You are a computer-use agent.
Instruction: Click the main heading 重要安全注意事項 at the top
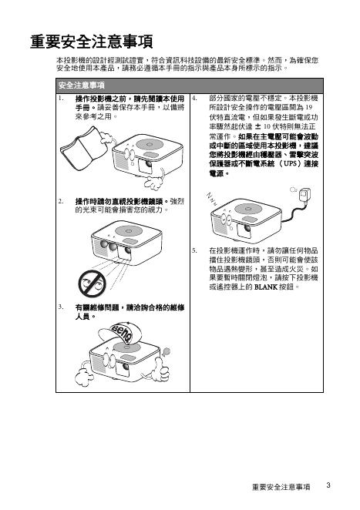point(92,42)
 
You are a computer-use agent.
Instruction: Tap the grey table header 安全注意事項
point(82,86)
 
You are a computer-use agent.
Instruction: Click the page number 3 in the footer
point(328,485)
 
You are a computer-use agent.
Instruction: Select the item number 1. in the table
point(61,99)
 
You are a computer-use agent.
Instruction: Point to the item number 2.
point(61,201)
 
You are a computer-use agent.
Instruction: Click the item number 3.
point(61,307)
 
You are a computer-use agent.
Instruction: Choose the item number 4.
point(195,99)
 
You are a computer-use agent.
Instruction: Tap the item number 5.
point(195,250)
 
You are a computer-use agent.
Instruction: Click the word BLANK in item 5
point(266,287)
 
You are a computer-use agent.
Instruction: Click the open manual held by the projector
point(84,148)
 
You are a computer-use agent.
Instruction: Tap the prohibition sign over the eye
point(92,284)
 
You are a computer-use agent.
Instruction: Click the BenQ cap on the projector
point(116,332)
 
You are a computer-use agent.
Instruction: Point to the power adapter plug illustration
point(304,196)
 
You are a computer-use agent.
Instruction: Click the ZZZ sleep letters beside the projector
point(211,199)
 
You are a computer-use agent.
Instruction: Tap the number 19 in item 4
point(309,107)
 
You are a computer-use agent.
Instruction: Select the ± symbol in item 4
point(257,126)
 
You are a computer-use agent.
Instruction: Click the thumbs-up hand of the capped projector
point(161,369)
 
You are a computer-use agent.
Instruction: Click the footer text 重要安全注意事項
point(281,487)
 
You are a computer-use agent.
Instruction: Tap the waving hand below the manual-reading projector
point(153,182)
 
